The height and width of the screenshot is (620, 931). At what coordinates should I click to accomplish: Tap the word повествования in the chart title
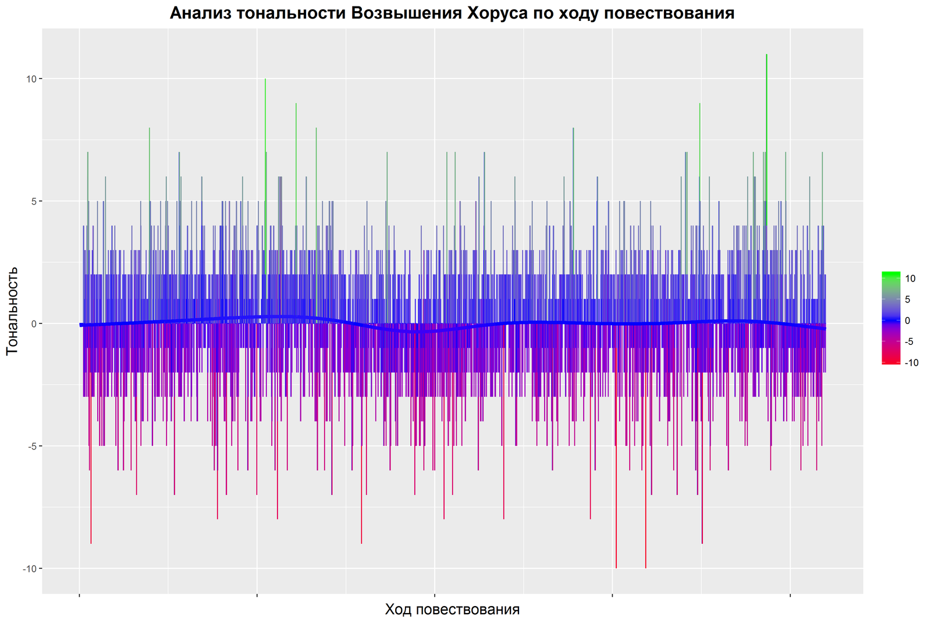coord(677,13)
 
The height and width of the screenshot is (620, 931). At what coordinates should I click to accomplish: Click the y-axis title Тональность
coord(12,311)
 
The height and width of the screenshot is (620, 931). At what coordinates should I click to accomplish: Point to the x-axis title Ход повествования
coord(452,610)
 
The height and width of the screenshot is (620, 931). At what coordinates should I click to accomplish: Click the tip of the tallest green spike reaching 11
coord(767,55)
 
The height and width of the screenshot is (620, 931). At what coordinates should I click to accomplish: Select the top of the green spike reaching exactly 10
coord(265,80)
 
